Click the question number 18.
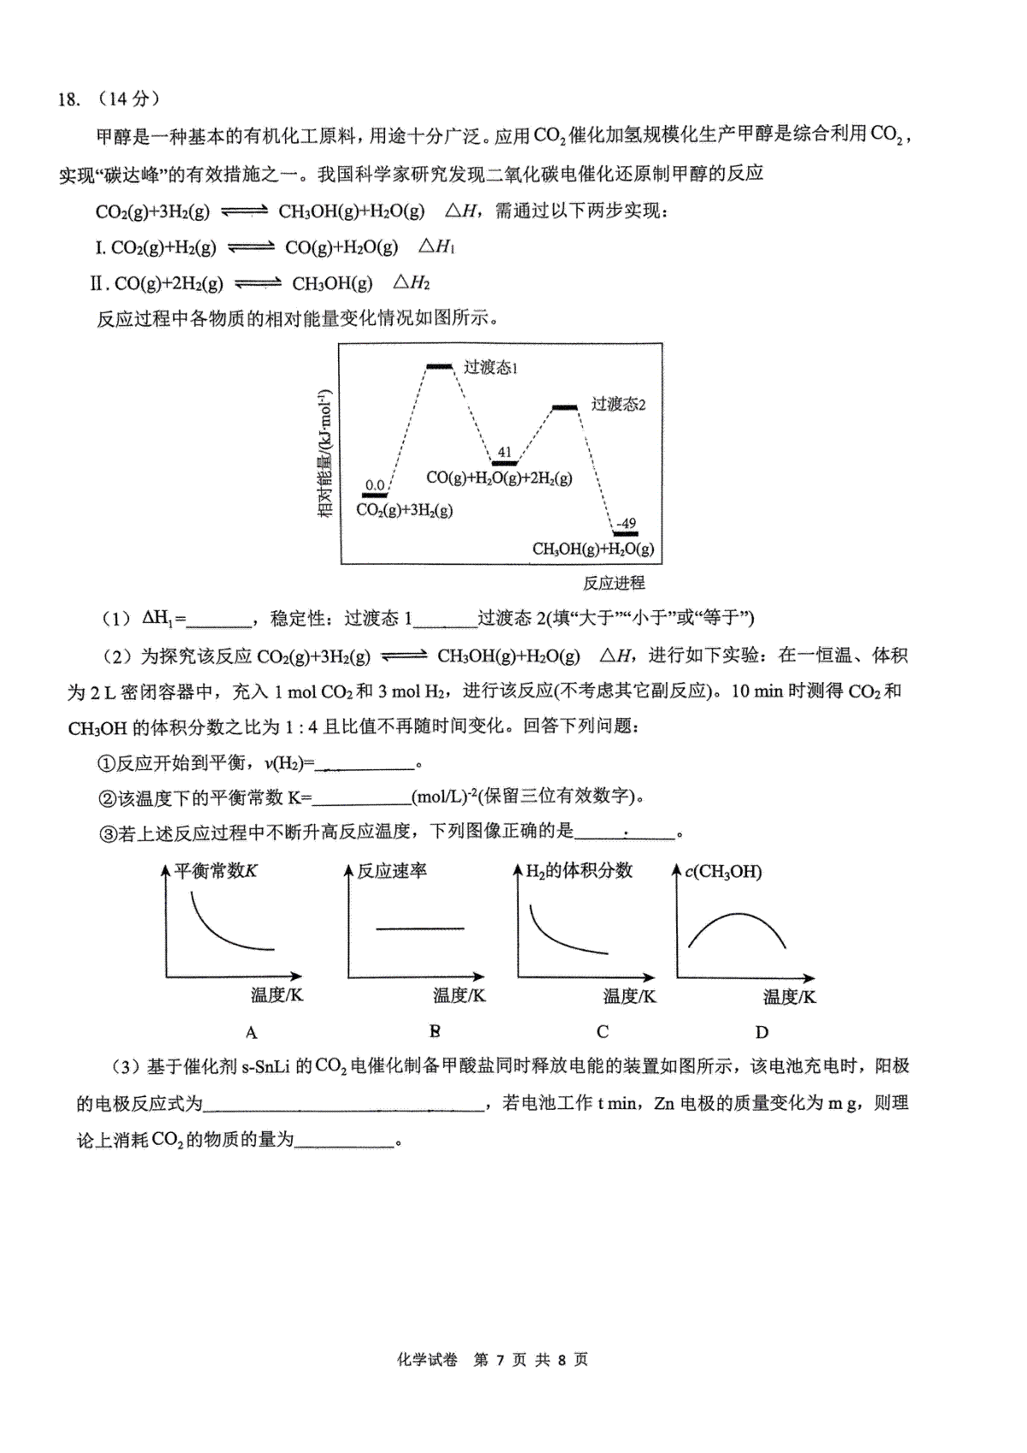coord(68,99)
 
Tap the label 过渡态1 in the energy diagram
coord(490,367)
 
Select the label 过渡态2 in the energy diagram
coord(618,404)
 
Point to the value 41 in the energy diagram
coord(504,452)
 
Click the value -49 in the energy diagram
coord(626,523)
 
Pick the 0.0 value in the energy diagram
coord(374,485)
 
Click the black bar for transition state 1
coord(440,367)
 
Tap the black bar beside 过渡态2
coord(565,407)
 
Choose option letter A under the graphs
coord(252,1032)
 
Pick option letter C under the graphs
coord(603,1031)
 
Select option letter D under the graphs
coord(762,1032)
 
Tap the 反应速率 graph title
coord(392,871)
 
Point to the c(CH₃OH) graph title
coord(723,872)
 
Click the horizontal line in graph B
coord(420,928)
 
